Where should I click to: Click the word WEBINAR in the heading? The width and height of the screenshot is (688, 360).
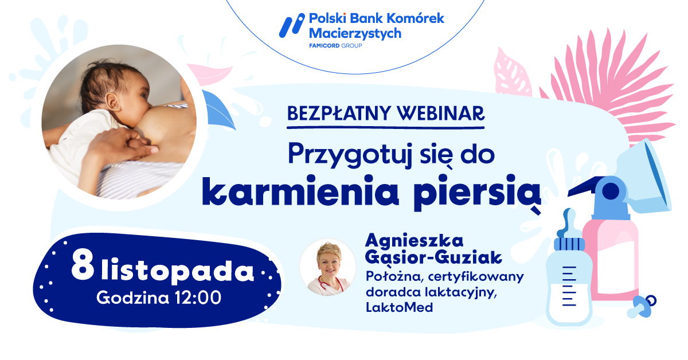point(441,114)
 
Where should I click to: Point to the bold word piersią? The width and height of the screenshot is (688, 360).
point(477,193)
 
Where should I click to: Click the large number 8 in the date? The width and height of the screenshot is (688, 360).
point(83,264)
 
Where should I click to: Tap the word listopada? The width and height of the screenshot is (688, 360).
point(178,270)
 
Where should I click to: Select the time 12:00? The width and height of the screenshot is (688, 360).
point(198,298)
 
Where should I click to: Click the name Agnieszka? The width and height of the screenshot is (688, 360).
point(415,242)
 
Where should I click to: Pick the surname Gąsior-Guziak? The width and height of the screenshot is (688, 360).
point(433,258)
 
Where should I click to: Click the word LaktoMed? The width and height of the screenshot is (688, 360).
point(399,307)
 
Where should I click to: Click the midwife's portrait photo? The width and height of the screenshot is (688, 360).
point(328,268)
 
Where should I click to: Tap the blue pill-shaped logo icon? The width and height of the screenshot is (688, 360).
point(292,25)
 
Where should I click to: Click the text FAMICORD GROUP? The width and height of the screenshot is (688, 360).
point(335,46)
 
